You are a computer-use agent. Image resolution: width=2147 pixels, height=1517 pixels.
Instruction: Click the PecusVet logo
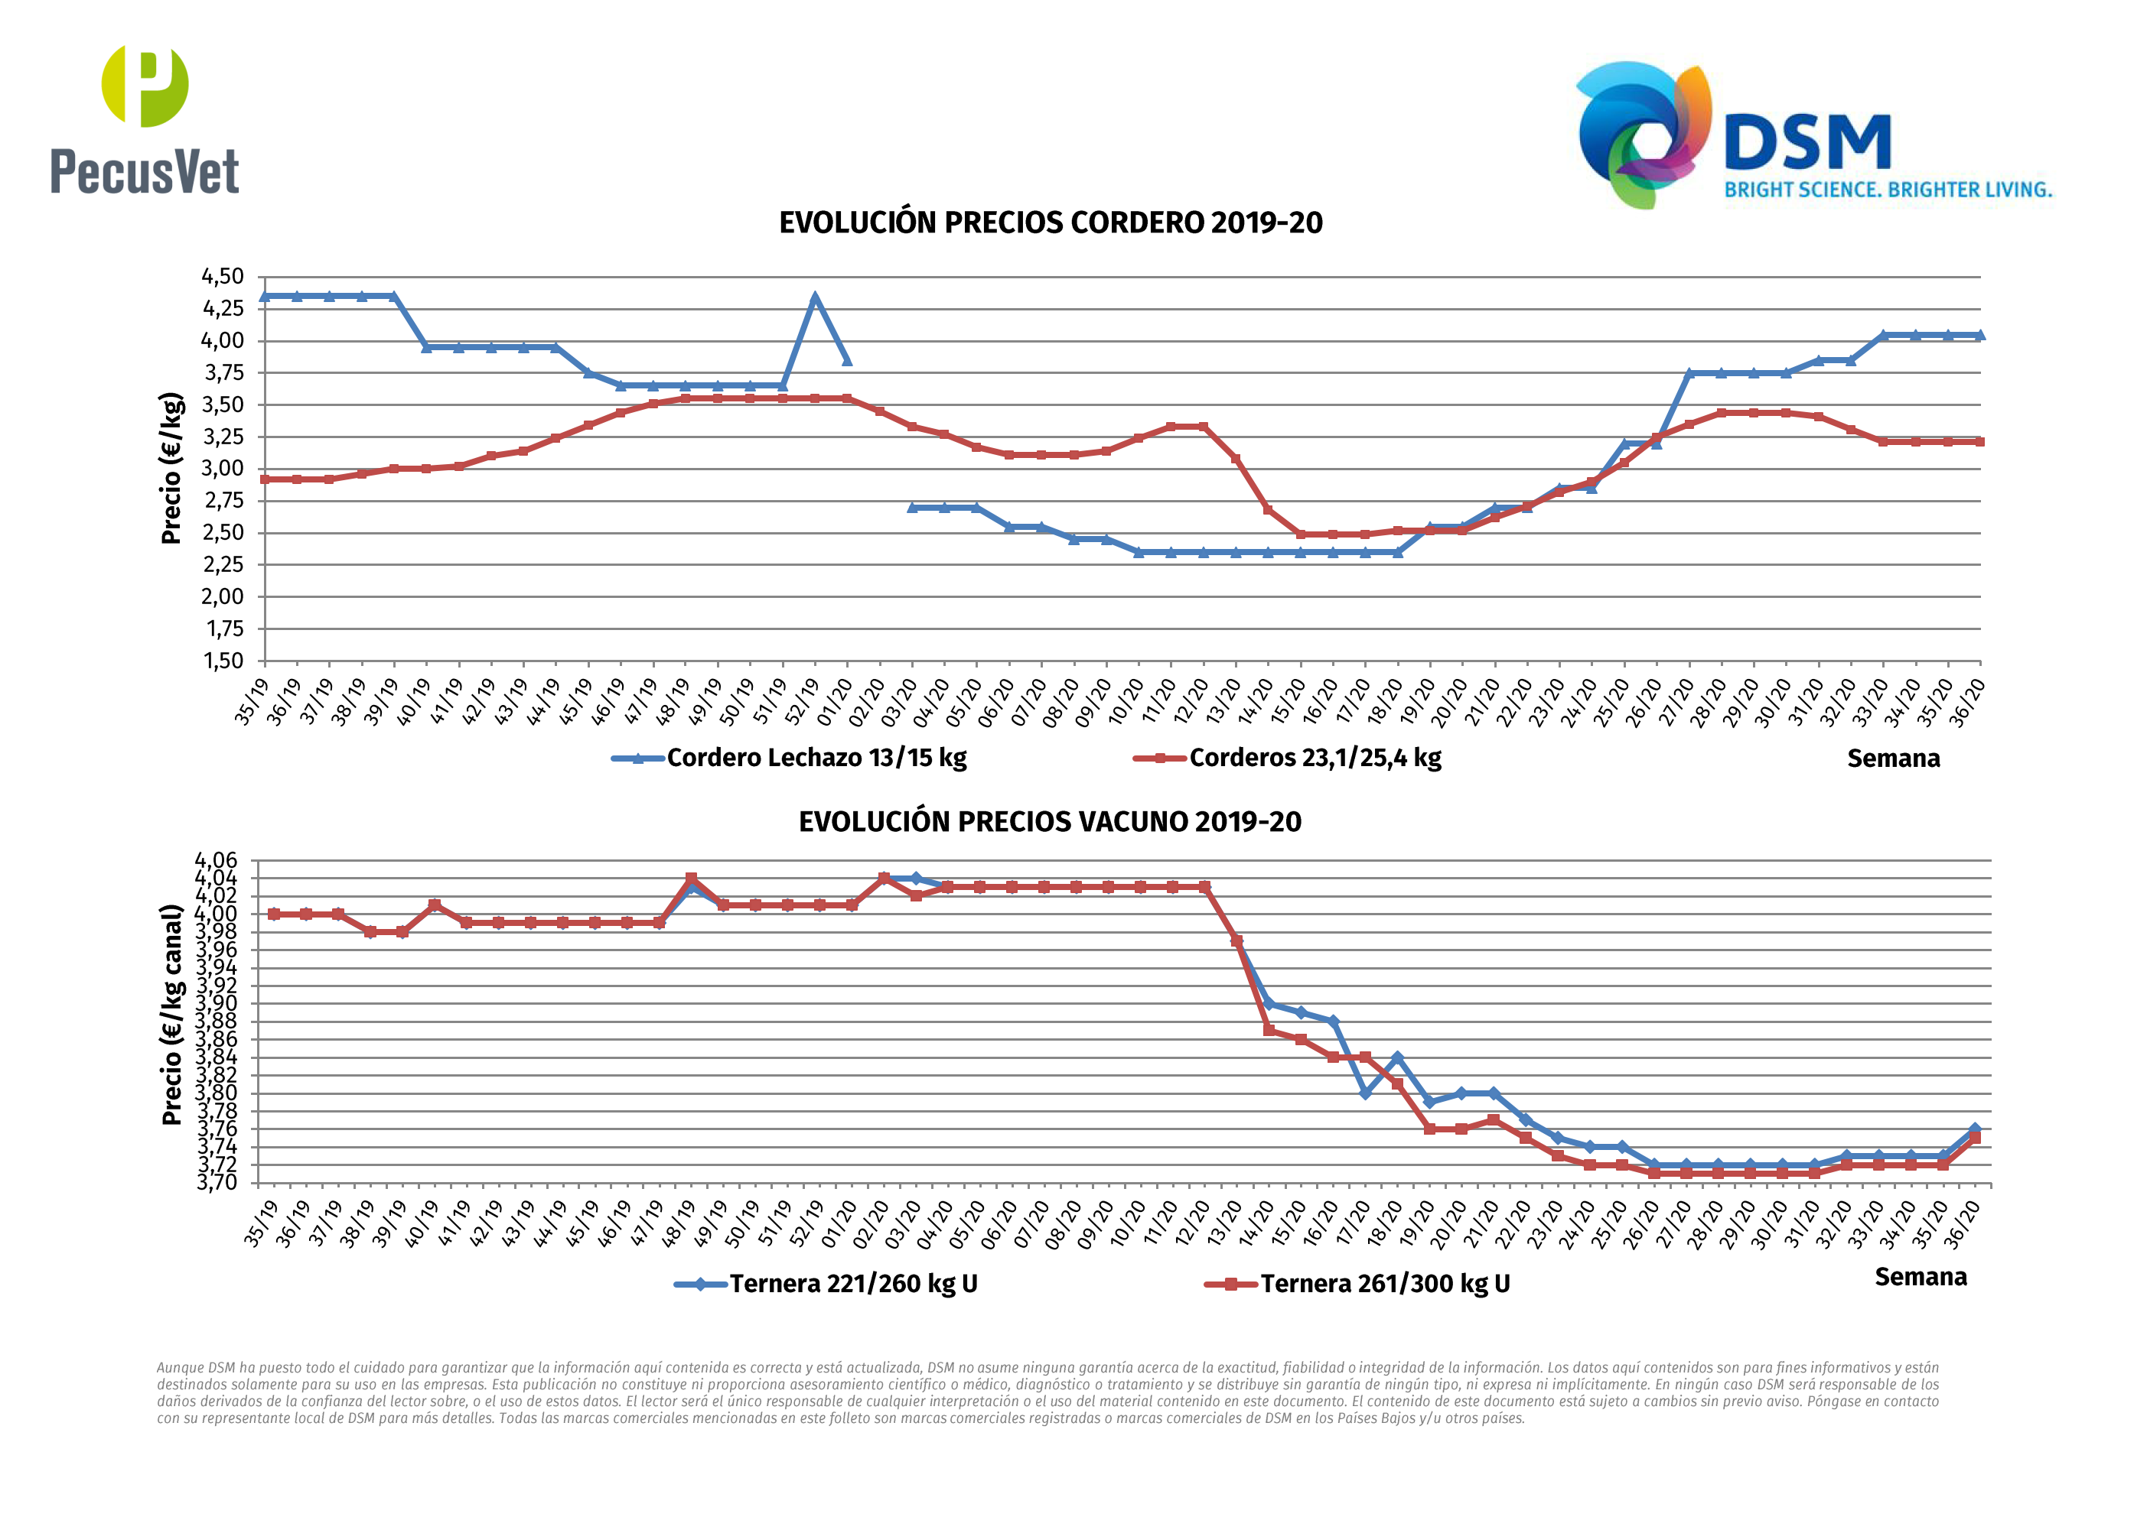(x=145, y=119)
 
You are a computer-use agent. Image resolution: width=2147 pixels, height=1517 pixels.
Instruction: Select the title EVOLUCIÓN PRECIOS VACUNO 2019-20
(x=1049, y=822)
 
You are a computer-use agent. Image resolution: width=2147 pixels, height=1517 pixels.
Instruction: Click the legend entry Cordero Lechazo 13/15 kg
(x=816, y=758)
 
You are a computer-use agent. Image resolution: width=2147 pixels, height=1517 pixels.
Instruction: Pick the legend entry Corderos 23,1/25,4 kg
(x=1314, y=758)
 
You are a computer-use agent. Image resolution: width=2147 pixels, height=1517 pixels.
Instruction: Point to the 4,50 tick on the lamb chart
(x=223, y=277)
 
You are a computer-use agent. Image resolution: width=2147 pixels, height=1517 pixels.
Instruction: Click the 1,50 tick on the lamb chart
(x=223, y=661)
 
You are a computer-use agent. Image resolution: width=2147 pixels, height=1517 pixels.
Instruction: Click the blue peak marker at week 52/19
(x=814, y=299)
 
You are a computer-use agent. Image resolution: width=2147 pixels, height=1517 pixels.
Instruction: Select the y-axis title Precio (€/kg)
(x=171, y=468)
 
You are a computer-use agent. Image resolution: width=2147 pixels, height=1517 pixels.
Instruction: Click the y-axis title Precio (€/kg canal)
(x=171, y=1014)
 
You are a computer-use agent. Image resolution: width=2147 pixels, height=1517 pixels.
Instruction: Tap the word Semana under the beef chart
(x=1921, y=1278)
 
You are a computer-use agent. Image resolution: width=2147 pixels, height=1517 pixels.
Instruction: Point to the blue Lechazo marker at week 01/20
(x=847, y=360)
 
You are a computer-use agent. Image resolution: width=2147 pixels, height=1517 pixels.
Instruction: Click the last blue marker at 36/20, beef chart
(x=1975, y=1129)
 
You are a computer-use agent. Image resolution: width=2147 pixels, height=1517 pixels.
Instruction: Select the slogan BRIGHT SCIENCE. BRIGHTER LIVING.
(x=1888, y=190)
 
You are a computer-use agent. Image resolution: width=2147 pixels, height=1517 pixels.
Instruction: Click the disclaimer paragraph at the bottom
(x=1047, y=1392)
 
